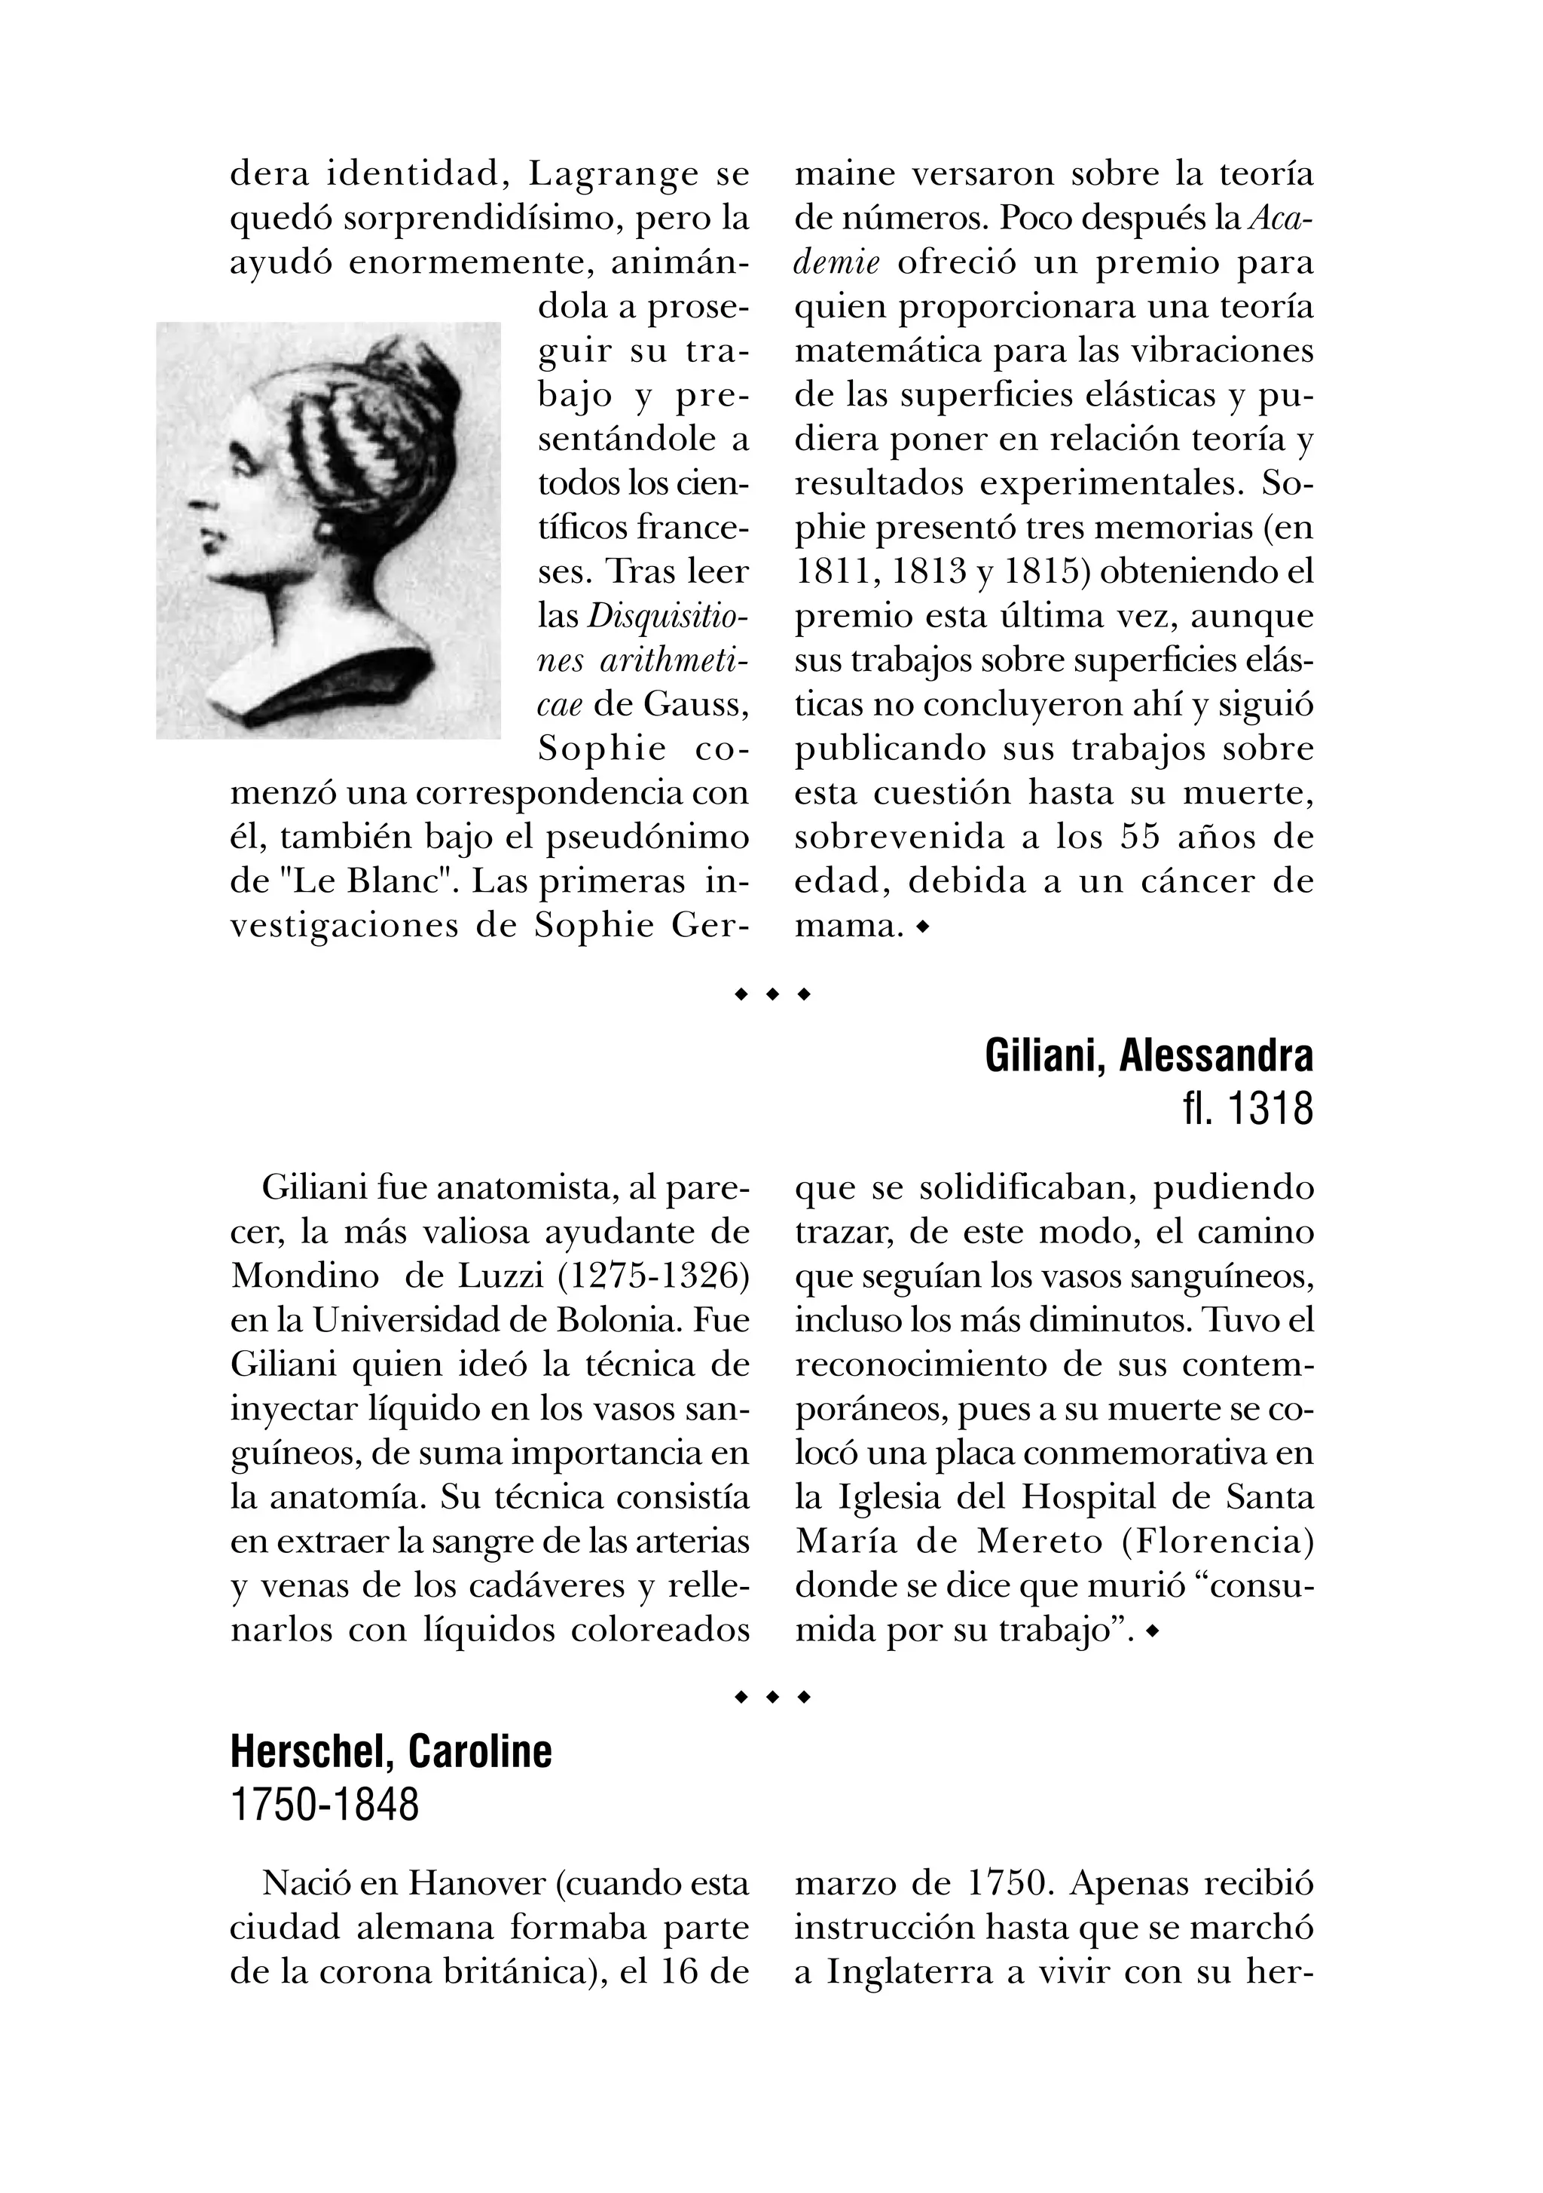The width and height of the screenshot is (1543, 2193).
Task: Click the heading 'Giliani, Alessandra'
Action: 1149,1055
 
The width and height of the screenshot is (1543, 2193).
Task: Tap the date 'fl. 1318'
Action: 1247,1110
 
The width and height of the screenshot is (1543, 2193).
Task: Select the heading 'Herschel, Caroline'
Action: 392,1752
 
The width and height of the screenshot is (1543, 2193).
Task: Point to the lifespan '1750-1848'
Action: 325,1806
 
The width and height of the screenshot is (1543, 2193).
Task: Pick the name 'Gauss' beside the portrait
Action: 696,704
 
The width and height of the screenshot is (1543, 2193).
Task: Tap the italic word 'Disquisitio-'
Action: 668,616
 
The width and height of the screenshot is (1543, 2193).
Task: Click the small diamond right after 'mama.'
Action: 921,926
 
